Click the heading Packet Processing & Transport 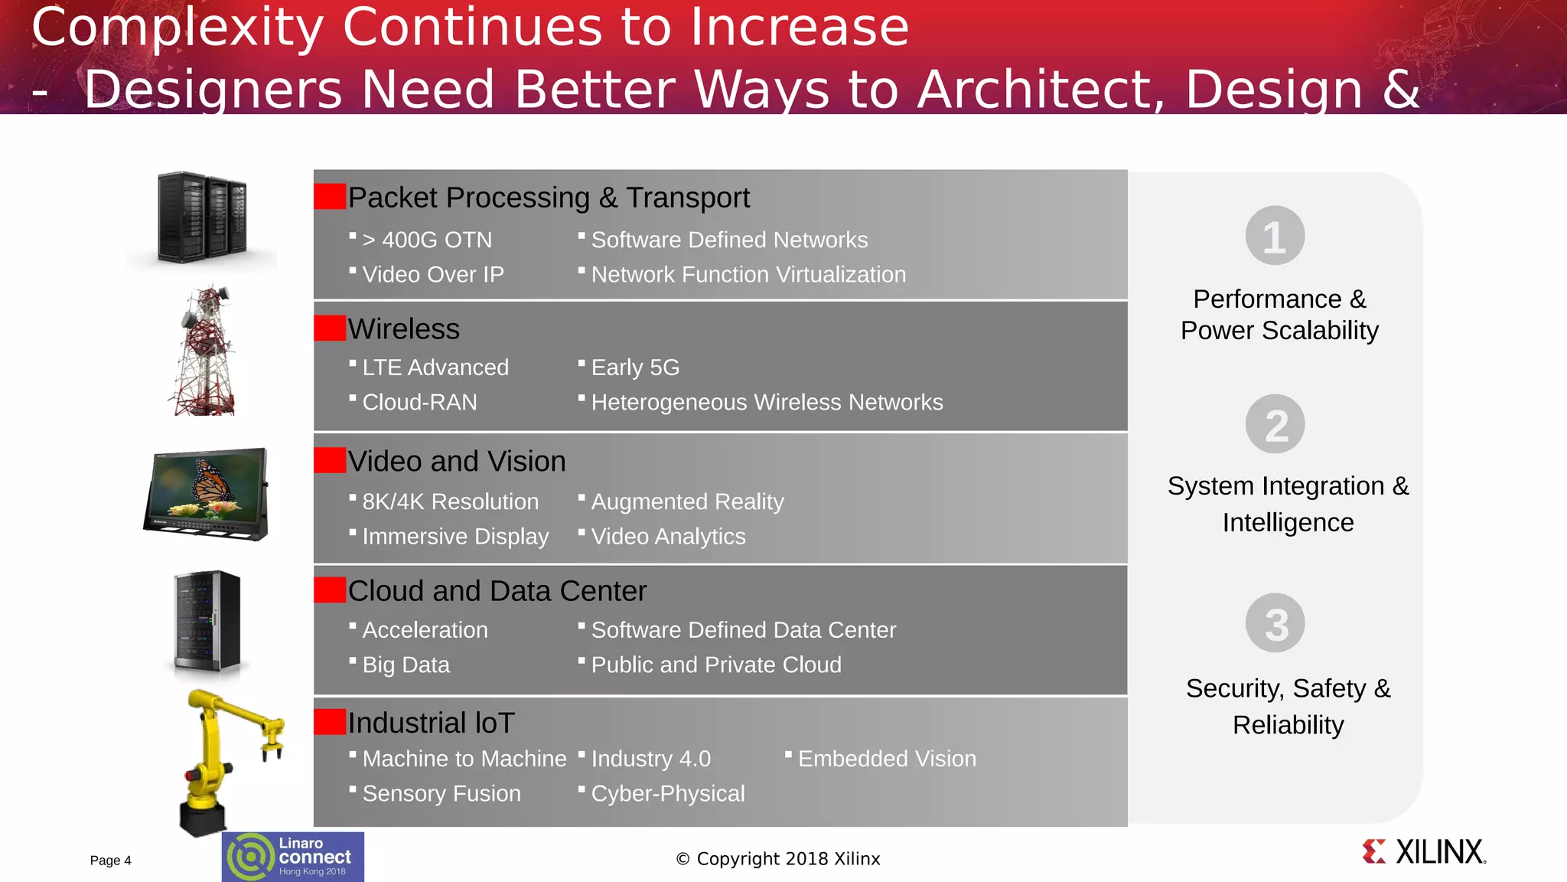548,198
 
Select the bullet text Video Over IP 432,274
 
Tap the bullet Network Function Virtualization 748,274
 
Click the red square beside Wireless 330,328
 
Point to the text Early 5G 634,367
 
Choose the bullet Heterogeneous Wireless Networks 766,402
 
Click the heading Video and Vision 456,461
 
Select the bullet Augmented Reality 686,501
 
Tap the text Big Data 406,665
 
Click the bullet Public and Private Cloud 715,665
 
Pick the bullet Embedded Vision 886,759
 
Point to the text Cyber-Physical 667,793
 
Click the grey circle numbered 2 1275,424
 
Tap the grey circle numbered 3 1275,623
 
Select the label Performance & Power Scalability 1279,315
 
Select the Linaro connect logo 293,857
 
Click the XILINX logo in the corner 1424,852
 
